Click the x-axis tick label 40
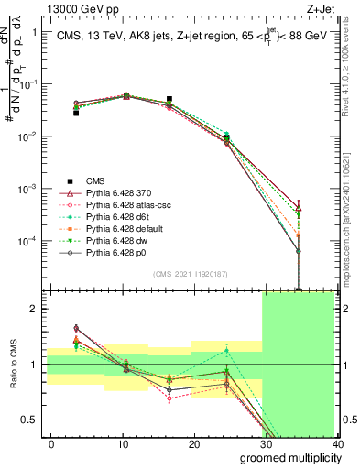click(337, 443)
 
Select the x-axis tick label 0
click(51, 443)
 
